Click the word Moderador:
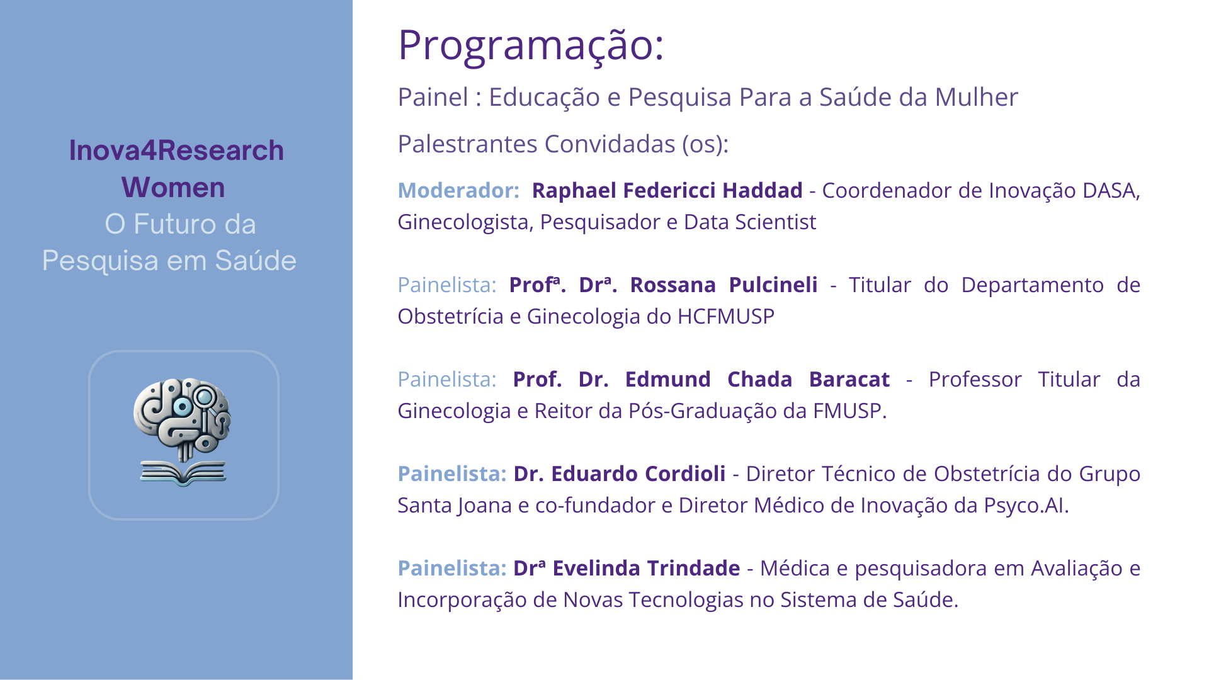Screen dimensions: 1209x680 pyautogui.click(x=458, y=190)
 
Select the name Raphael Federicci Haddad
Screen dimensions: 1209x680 pyautogui.click(x=667, y=190)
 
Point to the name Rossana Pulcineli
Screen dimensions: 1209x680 pyautogui.click(x=724, y=285)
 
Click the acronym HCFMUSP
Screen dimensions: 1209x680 pyautogui.click(x=725, y=316)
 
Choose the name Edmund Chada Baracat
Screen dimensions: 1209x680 pyautogui.click(x=757, y=379)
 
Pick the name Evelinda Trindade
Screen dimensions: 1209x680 pyautogui.click(x=646, y=568)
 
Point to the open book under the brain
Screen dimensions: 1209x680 pyautogui.click(x=183, y=473)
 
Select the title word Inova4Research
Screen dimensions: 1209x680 pyautogui.click(x=176, y=150)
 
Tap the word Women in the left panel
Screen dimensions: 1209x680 pyautogui.click(x=173, y=188)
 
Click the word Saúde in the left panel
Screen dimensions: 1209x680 pyautogui.click(x=255, y=261)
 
